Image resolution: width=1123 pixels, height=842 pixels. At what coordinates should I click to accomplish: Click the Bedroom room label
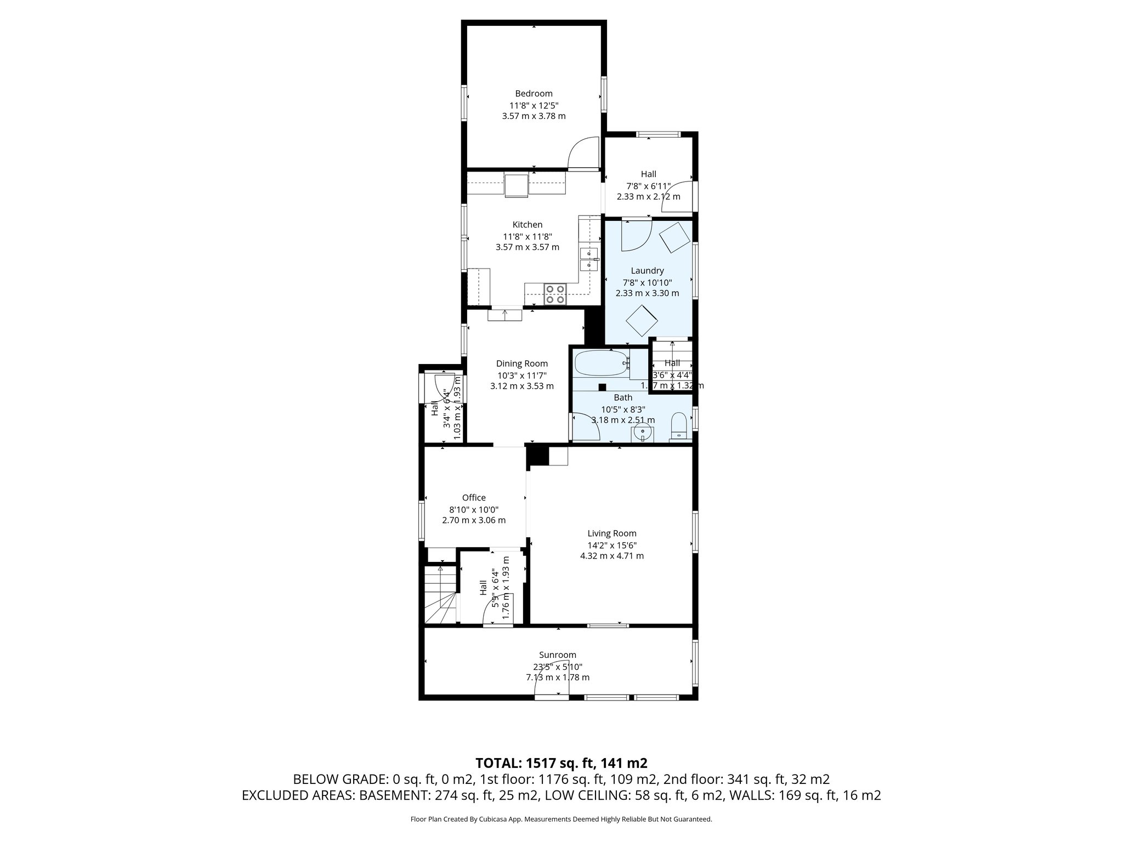pos(534,94)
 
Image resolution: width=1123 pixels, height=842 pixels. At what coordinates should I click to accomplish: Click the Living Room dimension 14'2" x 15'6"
pos(612,545)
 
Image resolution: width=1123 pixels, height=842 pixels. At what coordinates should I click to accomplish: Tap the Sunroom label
pos(558,655)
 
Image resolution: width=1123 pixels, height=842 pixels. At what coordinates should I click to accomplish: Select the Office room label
pos(474,498)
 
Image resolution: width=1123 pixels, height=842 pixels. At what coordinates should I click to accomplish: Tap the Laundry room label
pos(647,271)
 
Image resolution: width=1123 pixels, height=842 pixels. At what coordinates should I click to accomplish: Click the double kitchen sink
pos(589,259)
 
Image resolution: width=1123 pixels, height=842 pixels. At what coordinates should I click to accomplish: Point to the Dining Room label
pos(521,363)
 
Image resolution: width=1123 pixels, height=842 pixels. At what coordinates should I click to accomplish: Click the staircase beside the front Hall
pos(440,595)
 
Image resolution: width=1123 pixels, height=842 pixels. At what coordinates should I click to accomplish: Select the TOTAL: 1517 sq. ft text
pos(561,763)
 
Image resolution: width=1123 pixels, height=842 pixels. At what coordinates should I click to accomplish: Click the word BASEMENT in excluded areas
pos(395,795)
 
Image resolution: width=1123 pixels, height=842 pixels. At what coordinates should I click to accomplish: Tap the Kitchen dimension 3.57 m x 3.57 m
pos(527,247)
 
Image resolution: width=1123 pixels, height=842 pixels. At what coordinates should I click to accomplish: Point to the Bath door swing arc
pos(586,428)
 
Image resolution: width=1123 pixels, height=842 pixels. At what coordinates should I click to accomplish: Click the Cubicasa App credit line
pos(561,820)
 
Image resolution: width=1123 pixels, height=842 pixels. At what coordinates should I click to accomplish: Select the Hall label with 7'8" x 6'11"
pos(648,174)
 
